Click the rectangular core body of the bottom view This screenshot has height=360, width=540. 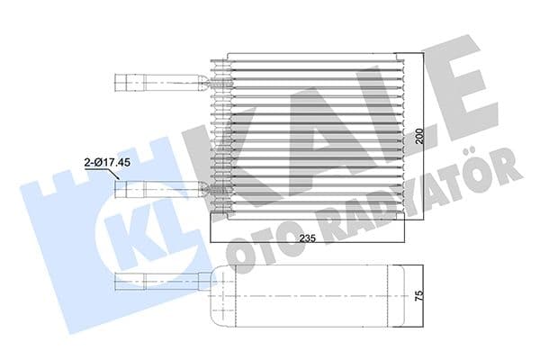tap(315, 294)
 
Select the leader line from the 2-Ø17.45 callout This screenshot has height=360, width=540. tap(116, 175)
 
